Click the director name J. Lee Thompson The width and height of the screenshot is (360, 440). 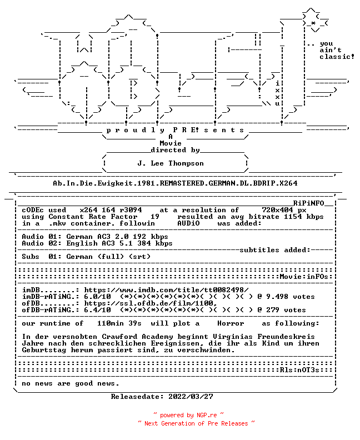pos(171,163)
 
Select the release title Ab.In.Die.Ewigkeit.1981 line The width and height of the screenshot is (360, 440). pos(175,183)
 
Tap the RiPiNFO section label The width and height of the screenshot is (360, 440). pos(309,203)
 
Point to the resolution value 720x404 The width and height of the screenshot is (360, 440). pos(278,210)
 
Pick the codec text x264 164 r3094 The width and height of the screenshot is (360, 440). pos(111,210)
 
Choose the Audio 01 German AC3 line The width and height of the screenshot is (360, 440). pos(95,237)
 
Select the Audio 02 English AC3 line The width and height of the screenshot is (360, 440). pos(97,243)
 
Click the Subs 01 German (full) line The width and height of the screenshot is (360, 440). pos(86,257)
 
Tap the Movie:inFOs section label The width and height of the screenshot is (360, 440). pos(304,277)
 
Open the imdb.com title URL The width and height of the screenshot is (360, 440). pos(167,290)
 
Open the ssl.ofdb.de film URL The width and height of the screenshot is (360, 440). pos(151,303)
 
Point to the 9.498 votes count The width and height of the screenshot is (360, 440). pos(291,297)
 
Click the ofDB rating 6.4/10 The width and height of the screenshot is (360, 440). pos(97,310)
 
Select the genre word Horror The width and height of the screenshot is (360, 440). pos(231,323)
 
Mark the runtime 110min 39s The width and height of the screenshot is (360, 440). pos(119,323)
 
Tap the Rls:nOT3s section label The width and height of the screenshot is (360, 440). pos(299,370)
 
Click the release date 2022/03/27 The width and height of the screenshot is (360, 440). pos(191,397)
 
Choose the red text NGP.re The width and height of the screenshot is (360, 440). pos(207,416)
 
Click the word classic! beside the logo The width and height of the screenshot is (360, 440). pos(337,57)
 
